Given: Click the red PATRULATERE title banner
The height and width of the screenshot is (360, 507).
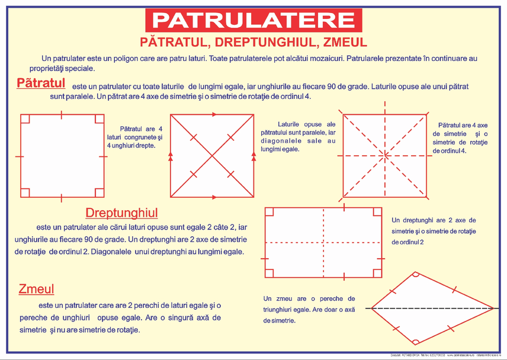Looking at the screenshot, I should point(253,20).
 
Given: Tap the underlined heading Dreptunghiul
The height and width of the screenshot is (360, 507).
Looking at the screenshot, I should point(121,213).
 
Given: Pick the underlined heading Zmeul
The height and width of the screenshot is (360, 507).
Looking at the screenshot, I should point(36,289).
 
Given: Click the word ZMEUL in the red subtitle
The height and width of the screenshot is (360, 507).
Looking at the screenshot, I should point(341,42).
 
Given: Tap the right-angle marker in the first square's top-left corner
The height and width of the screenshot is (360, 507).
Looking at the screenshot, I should point(25,118).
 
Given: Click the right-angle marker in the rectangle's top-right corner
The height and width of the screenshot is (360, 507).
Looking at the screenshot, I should point(376,212).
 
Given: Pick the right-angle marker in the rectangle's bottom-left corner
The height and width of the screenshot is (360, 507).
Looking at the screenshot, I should point(269,272).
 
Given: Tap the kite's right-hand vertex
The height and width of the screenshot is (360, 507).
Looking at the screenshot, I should point(493,308).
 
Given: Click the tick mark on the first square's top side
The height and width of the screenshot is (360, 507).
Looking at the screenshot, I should point(62,114).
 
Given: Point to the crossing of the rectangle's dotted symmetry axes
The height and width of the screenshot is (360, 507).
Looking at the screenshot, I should point(323,243).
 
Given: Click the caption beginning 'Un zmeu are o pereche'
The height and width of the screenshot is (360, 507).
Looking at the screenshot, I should point(309,309).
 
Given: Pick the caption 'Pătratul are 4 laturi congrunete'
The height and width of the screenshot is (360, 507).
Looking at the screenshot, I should point(134,137).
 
